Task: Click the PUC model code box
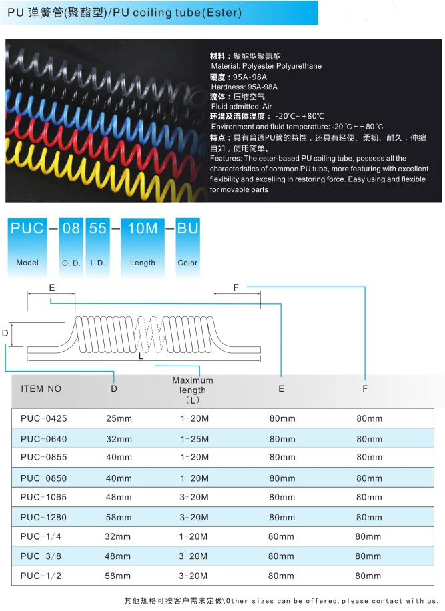[27, 229]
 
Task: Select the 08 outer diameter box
[71, 229]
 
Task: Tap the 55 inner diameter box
[97, 229]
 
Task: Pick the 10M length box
[142, 229]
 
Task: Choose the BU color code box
[187, 229]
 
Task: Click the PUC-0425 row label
[44, 418]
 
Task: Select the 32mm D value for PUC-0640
[119, 439]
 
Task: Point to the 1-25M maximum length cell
[194, 439]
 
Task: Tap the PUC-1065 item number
[44, 497]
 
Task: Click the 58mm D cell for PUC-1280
[119, 517]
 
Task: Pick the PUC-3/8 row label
[41, 556]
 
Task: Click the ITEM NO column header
[41, 388]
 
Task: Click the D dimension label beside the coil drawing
[5, 332]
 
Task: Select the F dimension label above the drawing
[236, 287]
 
